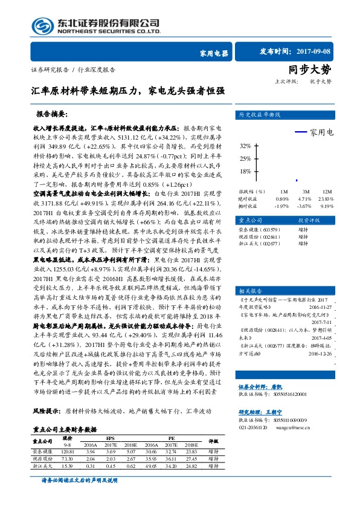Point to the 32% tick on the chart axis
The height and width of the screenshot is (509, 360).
(245, 146)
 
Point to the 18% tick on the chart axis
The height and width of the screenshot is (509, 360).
(245, 171)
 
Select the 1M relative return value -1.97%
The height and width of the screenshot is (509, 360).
(282, 206)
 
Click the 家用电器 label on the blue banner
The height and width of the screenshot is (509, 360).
(213, 53)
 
